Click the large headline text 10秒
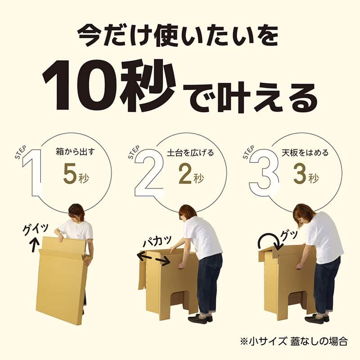[109, 85]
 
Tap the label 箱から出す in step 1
[75, 152]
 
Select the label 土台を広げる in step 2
[190, 153]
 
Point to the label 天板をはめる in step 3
[306, 153]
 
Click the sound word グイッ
[36, 229]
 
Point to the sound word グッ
[289, 235]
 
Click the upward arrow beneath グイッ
[35, 244]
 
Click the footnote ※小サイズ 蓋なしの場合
[294, 341]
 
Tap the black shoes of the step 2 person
[200, 319]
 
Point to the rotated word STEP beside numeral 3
[248, 152]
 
